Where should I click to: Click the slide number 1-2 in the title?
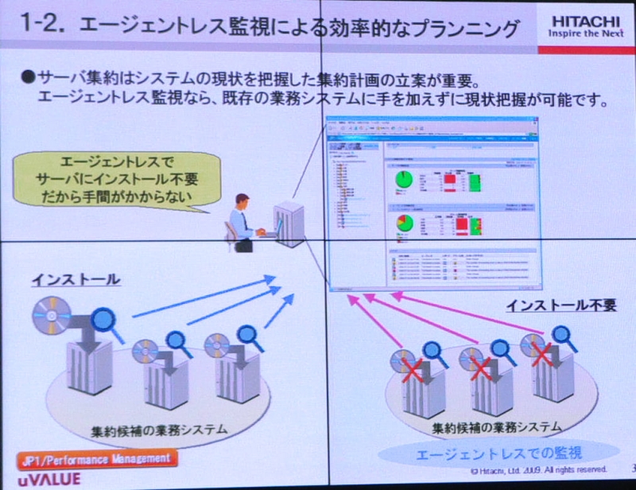pyautogui.click(x=36, y=27)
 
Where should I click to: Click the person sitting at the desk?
pyautogui.click(x=242, y=223)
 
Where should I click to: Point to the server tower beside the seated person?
pyautogui.click(x=287, y=225)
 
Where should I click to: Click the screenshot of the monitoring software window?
pyautogui.click(x=432, y=202)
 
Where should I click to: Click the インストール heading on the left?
pyautogui.click(x=76, y=279)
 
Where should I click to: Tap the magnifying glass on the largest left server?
pyautogui.click(x=106, y=323)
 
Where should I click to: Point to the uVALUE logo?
pyautogui.click(x=50, y=480)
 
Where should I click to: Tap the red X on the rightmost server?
pyautogui.click(x=541, y=352)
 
